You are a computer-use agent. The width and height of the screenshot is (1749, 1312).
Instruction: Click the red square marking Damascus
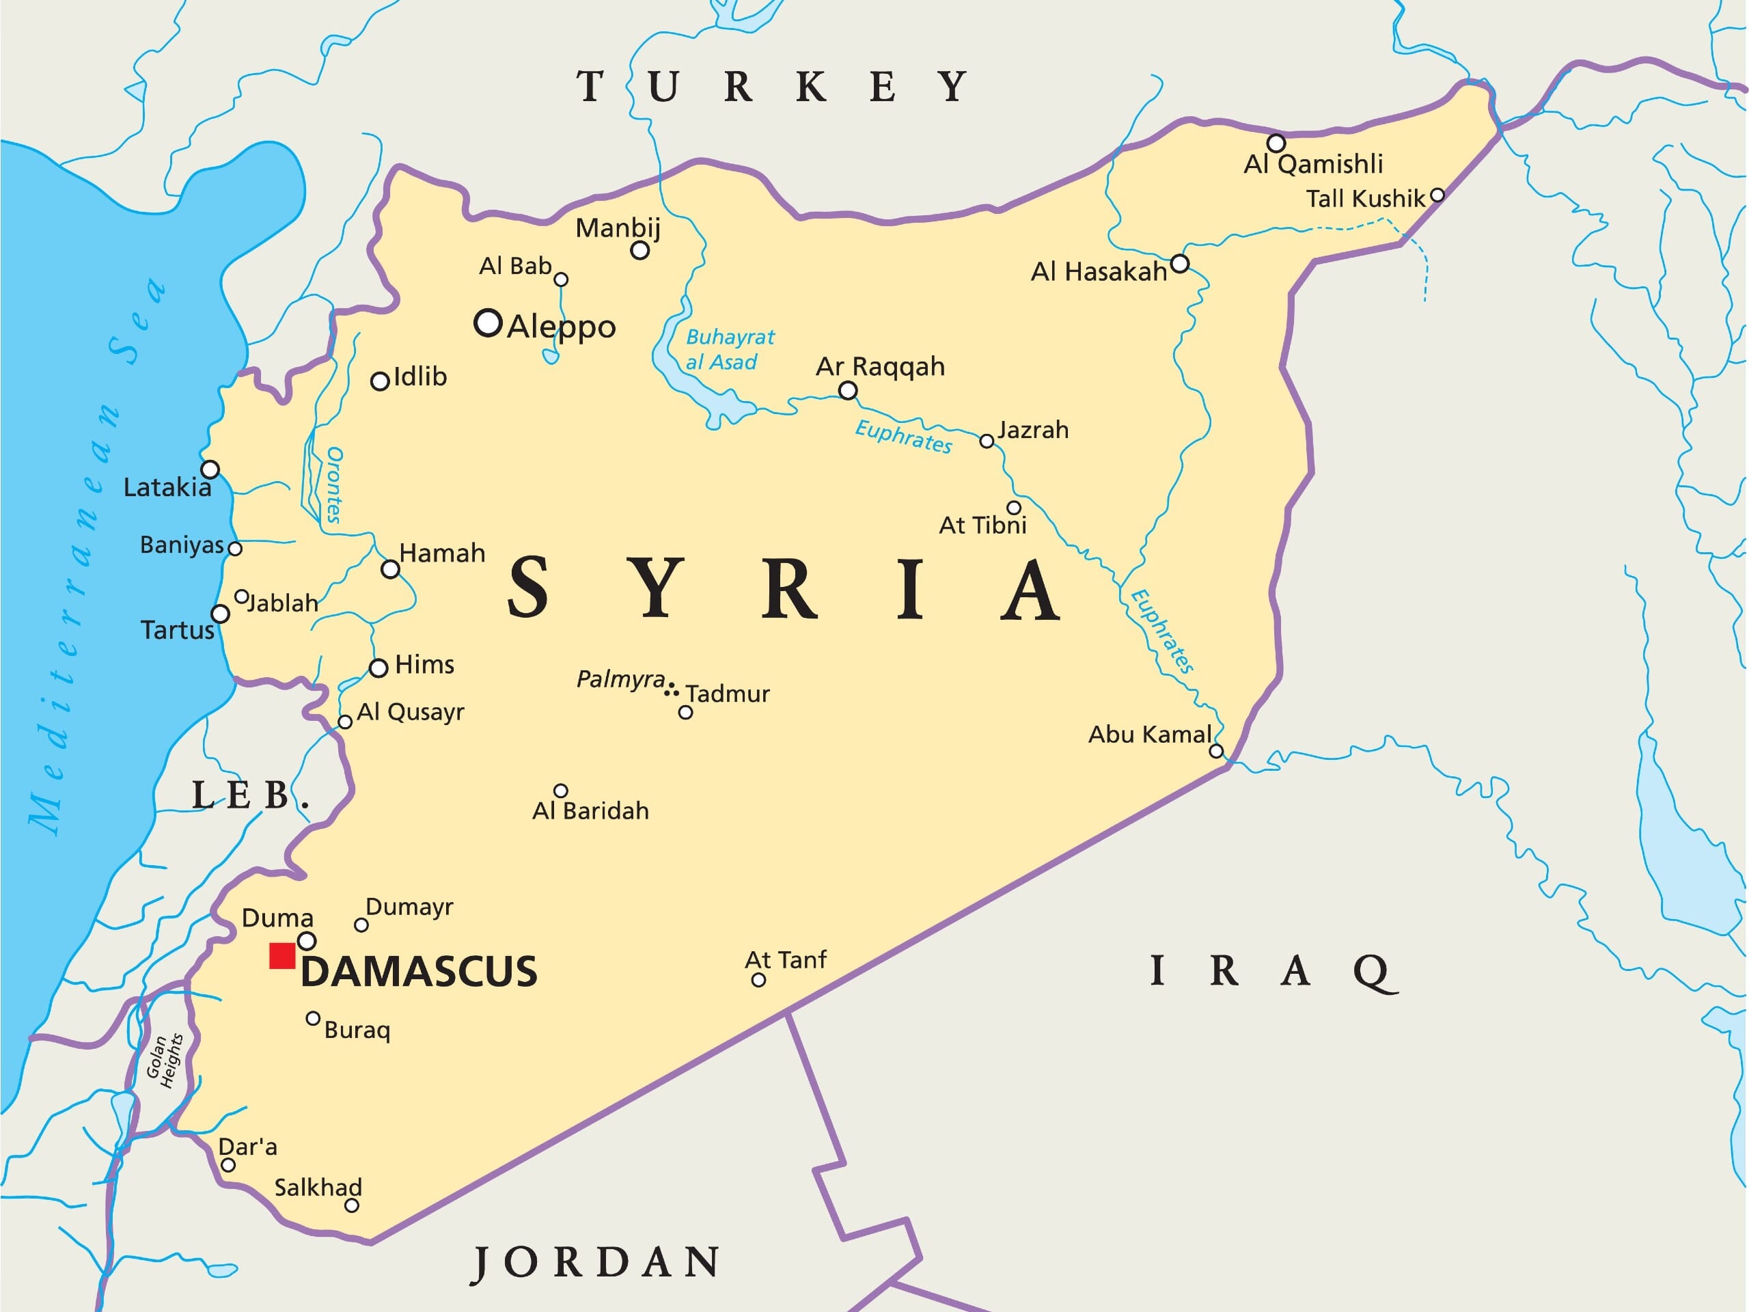[282, 955]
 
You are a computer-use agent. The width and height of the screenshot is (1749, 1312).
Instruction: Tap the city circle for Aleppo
[488, 323]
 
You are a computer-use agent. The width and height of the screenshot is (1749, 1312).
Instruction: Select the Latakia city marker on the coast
[210, 469]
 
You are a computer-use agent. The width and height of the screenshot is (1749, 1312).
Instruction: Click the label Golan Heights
[165, 1061]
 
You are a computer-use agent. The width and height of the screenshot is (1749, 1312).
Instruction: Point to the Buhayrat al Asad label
[729, 350]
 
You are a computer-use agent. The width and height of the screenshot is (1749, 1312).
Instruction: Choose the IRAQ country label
[1273, 970]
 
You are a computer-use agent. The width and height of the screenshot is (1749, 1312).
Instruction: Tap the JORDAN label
[597, 1261]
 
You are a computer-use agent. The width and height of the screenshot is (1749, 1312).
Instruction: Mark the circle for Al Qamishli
[1276, 143]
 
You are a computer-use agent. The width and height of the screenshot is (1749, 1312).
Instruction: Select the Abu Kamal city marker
[1216, 750]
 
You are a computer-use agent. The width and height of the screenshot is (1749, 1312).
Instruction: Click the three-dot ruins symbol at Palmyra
[672, 689]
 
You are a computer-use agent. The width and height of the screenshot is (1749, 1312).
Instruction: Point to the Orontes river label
[335, 484]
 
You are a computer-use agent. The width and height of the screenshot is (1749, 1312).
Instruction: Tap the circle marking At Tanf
[758, 980]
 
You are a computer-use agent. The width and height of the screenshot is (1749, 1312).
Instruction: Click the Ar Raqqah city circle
[848, 390]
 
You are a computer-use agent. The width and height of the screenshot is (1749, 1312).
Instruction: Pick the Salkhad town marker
[352, 1205]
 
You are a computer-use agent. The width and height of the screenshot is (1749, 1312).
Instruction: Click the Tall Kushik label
[1365, 198]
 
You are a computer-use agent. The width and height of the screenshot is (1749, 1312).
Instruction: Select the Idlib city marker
[380, 381]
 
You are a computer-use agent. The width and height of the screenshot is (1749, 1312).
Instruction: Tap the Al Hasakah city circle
[1179, 263]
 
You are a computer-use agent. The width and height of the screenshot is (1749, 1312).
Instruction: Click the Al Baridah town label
[591, 810]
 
